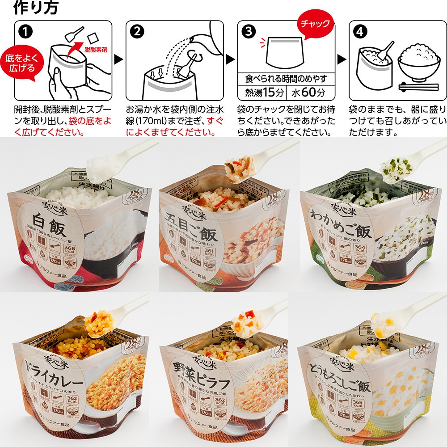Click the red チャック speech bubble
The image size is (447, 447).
(316, 24)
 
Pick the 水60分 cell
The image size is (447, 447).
(308, 93)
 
